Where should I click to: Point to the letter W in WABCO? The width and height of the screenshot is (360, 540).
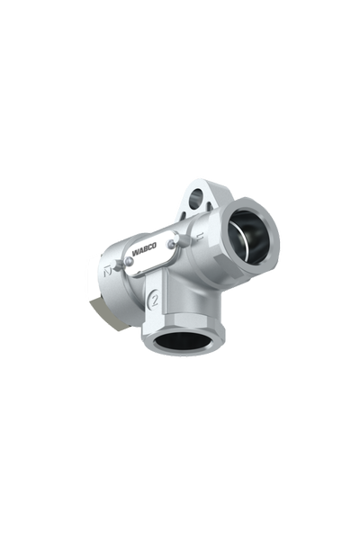137,258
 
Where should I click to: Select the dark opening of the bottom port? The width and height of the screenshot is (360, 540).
184,341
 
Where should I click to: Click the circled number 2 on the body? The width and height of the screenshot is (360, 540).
154,301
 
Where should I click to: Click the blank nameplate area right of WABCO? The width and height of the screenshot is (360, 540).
171,256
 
